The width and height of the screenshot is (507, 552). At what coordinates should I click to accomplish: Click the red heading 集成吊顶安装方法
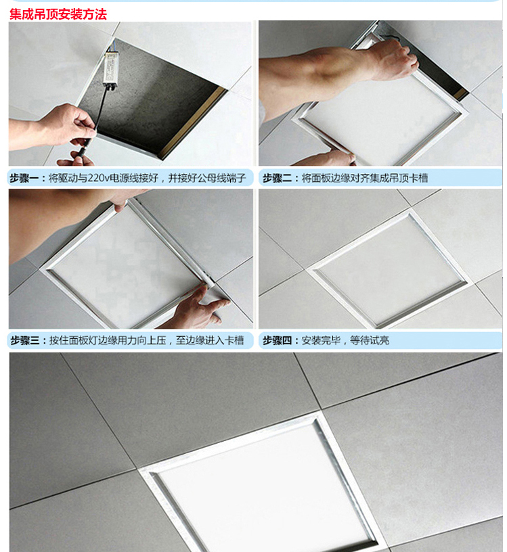click(58, 14)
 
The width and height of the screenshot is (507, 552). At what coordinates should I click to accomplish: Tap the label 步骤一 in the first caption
click(24, 179)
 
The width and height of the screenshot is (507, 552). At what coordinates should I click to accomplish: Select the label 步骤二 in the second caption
click(278, 179)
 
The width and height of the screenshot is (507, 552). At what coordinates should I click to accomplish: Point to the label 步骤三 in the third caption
click(24, 340)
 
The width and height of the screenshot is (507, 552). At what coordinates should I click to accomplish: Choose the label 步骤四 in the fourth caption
click(278, 340)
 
